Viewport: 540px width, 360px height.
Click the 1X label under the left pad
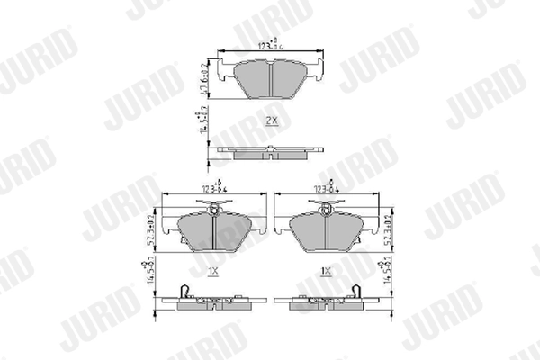click(213, 270)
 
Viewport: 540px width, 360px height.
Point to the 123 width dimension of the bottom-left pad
click(213, 189)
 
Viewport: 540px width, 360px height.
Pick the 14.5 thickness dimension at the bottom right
click(388, 271)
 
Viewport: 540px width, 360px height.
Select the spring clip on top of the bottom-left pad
click(213, 210)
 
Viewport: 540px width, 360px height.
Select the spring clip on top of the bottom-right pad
click(326, 210)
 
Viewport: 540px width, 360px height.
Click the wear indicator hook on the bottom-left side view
click(184, 292)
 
